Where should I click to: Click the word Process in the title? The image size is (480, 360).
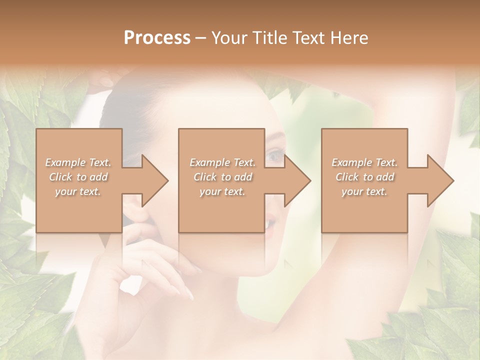(157, 38)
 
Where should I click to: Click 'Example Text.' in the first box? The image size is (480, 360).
(78, 162)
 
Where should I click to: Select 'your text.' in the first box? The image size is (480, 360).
(78, 191)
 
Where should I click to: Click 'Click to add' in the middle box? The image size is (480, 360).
(222, 177)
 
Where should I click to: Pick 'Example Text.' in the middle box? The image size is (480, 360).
(222, 162)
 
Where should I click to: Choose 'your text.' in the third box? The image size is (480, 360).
(364, 191)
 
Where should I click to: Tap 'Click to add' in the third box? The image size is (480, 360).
(364, 177)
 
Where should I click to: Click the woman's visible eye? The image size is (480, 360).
(274, 157)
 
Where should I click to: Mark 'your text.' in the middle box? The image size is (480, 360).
(222, 191)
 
